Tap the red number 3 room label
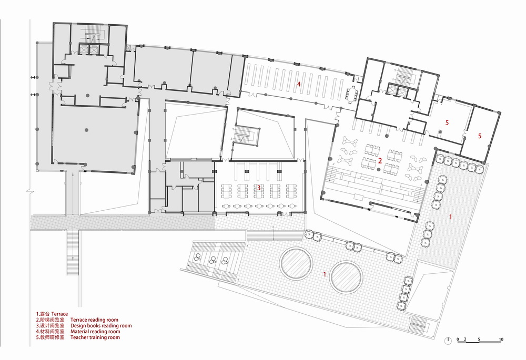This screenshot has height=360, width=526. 259,188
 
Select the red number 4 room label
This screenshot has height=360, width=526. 299,84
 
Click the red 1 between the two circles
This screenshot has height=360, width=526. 325,274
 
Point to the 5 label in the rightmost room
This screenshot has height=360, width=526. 480,136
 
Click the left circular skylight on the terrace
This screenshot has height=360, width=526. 296,263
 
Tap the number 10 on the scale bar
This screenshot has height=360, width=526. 501,340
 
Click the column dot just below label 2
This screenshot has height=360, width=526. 379,170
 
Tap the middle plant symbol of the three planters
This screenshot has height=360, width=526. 212,259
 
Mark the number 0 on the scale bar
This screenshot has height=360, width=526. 458,340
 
